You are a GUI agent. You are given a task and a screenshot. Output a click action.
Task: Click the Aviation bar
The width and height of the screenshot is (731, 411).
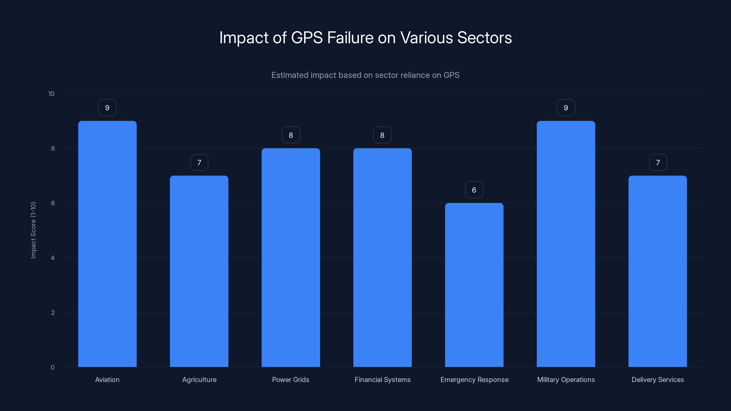(x=107, y=244)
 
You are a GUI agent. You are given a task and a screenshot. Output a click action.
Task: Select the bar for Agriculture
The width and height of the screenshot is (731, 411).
(x=199, y=271)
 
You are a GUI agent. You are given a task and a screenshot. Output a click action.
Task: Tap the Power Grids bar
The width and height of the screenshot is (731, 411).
(x=291, y=258)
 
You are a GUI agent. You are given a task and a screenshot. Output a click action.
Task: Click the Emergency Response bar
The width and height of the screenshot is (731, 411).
(x=474, y=285)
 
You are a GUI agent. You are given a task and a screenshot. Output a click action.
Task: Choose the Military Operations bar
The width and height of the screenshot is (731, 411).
(x=566, y=244)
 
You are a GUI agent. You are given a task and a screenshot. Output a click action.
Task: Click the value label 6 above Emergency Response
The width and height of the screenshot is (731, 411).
(x=474, y=190)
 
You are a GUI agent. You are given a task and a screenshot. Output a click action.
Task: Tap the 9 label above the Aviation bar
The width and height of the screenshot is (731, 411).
(x=107, y=108)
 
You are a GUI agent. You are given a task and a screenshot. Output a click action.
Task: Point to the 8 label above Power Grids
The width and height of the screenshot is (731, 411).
(x=291, y=135)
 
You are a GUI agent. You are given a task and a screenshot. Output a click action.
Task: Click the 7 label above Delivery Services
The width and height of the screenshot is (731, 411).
(x=658, y=163)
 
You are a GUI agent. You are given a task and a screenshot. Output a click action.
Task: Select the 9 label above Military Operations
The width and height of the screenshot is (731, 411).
(x=566, y=108)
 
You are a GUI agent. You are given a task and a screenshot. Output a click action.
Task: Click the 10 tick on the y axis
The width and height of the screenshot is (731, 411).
(x=51, y=94)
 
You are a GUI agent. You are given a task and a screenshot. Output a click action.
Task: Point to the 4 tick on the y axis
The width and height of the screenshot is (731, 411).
(x=53, y=258)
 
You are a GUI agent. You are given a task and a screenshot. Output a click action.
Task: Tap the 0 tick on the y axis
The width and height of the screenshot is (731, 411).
(x=53, y=367)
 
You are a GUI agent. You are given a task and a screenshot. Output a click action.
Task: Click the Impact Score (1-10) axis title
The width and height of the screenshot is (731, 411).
(x=33, y=230)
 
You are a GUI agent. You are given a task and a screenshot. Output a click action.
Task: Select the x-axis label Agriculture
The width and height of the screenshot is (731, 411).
(x=199, y=379)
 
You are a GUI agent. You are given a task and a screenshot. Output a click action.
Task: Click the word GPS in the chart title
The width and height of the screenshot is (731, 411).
(x=307, y=38)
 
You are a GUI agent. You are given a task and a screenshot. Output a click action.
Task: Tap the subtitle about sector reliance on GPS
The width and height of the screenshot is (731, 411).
(x=365, y=75)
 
